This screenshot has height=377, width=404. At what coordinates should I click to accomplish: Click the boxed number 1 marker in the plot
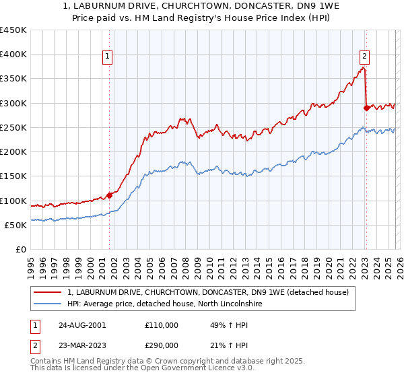click(x=109, y=57)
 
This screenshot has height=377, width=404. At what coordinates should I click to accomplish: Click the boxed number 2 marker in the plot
click(x=364, y=57)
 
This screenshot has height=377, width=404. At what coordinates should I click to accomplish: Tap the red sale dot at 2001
click(x=109, y=196)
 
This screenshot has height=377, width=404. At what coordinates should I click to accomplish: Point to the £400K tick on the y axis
click(x=13, y=55)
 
